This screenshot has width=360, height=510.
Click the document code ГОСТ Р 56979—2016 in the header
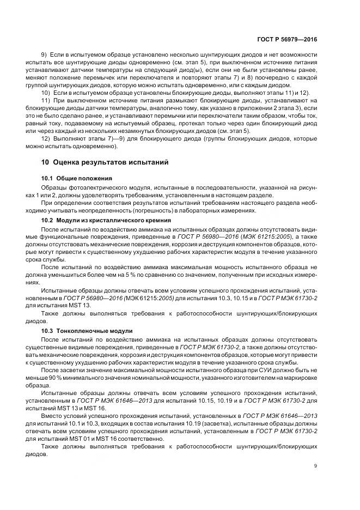(x=290, y=40)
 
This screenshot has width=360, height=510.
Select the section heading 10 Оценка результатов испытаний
(x=106, y=162)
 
